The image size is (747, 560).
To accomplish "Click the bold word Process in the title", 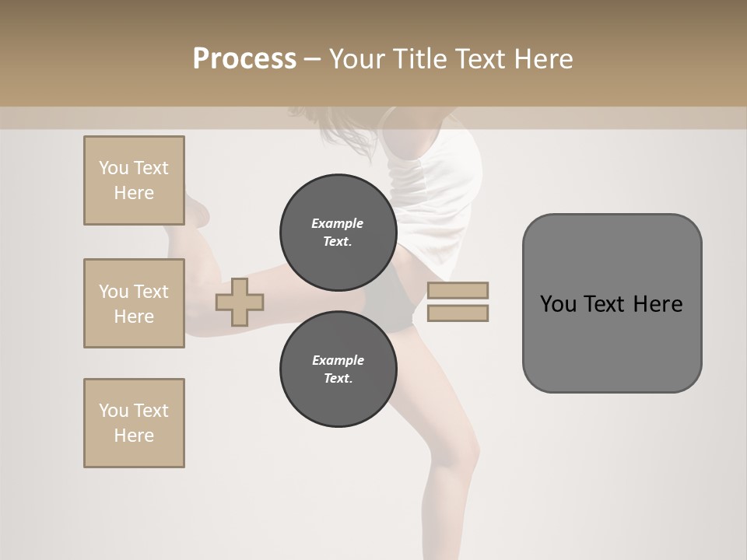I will coord(244,59).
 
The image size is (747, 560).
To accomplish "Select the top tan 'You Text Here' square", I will coord(134,180).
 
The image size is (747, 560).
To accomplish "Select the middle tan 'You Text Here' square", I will coord(134,303).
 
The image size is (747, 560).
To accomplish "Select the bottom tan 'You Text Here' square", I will coord(134,423).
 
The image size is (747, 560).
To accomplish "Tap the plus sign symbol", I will coord(240,301).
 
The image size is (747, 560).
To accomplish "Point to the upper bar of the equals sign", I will coord(458,290).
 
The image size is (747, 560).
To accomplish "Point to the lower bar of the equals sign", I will coord(458,313).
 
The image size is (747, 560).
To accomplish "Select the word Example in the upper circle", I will coord(338,223).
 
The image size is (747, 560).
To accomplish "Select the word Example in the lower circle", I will coord(338,360).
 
